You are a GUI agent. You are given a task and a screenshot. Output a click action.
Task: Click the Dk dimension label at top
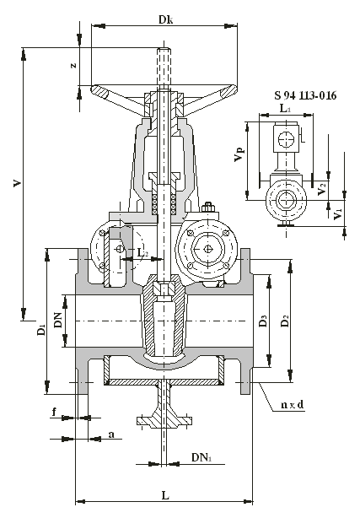(x=165, y=19)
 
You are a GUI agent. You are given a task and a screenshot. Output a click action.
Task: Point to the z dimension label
(x=73, y=65)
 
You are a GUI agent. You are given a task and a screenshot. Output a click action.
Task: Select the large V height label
(x=17, y=183)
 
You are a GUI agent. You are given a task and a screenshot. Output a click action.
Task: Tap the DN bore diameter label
(x=58, y=320)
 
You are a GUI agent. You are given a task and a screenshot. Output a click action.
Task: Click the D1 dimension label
(x=41, y=330)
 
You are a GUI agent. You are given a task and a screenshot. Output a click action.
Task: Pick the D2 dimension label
(x=285, y=321)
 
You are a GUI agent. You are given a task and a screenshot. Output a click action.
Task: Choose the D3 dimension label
(x=263, y=321)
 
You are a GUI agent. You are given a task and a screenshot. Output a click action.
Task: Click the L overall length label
(x=165, y=495)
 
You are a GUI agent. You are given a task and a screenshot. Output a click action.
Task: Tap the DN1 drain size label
(x=201, y=457)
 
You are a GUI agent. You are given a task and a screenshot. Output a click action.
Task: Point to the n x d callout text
(x=292, y=404)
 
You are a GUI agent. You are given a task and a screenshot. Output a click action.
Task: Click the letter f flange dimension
(x=55, y=412)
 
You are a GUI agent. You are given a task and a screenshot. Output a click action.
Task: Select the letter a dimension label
(x=111, y=434)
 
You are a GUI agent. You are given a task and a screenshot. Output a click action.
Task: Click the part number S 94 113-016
(x=305, y=95)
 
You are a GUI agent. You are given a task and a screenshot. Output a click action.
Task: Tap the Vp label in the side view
(x=239, y=155)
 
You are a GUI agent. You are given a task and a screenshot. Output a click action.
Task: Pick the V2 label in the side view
(x=321, y=189)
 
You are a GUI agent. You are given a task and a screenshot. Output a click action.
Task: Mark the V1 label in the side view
(x=337, y=214)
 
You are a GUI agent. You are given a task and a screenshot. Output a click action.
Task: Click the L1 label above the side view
(x=285, y=108)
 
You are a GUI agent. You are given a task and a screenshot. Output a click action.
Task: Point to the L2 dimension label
(x=142, y=253)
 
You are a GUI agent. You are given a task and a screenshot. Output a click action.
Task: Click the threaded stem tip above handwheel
(x=164, y=51)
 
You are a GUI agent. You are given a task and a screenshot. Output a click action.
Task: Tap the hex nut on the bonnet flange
(x=208, y=208)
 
